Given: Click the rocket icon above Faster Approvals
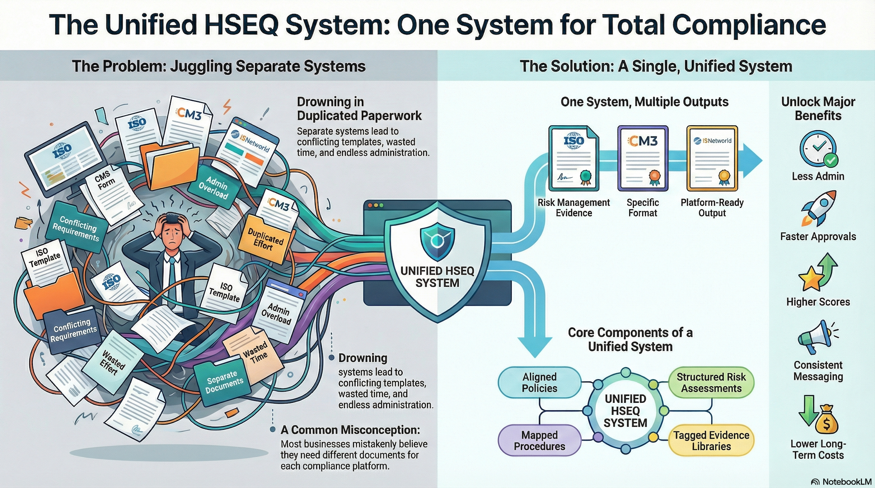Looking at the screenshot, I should (819, 208).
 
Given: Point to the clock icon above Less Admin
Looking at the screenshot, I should (818, 148).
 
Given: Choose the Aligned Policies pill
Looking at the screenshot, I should (539, 382).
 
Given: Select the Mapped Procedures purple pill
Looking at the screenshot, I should (539, 441).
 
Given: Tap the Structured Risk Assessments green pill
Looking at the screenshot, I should (711, 382).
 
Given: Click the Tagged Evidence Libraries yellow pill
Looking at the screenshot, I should (711, 441).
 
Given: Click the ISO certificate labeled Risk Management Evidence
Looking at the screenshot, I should (574, 158).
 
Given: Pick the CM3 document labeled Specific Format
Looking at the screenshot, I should (643, 158).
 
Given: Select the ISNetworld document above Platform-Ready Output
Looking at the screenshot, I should (712, 158).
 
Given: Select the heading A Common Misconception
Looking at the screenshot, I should (350, 430).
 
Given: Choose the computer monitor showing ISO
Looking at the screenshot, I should (66, 158).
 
